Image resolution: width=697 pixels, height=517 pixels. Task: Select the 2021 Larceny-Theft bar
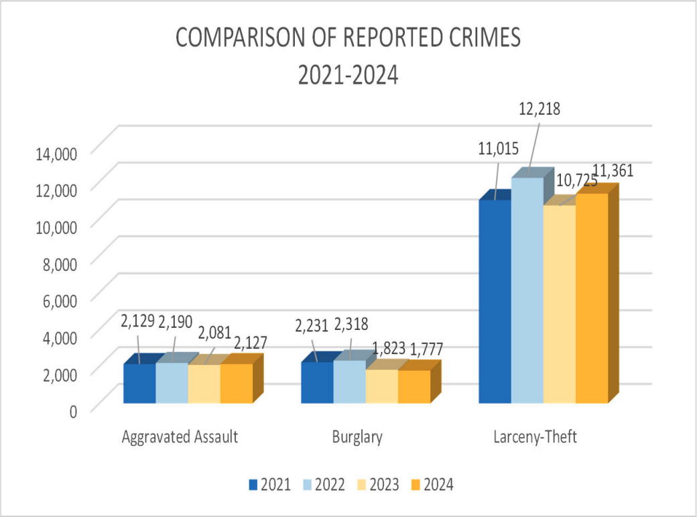(495, 301)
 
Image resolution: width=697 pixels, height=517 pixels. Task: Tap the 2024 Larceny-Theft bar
(592, 298)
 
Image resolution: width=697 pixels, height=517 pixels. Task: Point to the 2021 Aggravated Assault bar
(139, 383)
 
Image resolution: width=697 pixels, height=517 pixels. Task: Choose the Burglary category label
(357, 438)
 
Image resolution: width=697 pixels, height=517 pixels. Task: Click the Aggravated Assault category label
(180, 438)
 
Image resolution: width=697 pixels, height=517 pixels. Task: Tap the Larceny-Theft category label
(534, 438)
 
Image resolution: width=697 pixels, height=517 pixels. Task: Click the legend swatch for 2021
(253, 484)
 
